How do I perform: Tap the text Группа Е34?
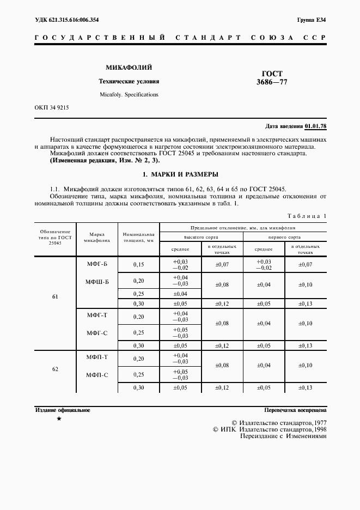click(312, 20)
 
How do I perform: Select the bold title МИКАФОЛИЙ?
click(129, 68)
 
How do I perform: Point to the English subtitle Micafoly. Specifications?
click(129, 94)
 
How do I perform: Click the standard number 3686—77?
click(272, 82)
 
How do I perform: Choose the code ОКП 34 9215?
click(51, 107)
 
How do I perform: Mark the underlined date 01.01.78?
click(315, 126)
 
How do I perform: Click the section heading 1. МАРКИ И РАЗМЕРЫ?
click(180, 174)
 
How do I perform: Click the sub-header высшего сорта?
click(201, 238)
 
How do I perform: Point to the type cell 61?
click(55, 297)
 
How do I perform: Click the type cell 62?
click(55, 369)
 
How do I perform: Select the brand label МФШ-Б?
click(97, 282)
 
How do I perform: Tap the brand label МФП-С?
click(97, 375)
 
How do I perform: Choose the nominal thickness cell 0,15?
click(138, 264)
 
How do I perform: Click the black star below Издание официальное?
click(59, 418)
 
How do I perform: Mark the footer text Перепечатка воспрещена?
click(295, 409)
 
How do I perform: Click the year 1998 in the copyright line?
click(316, 429)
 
